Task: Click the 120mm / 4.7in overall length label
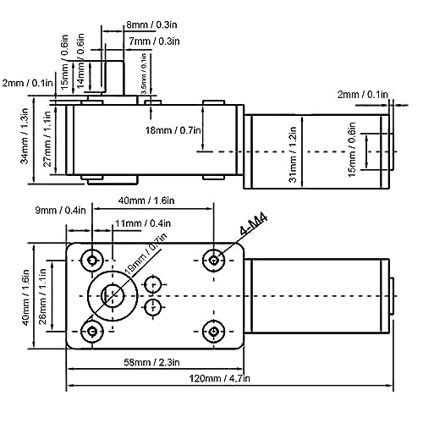pyautogui.click(x=219, y=378)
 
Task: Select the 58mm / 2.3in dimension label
pyautogui.click(x=151, y=362)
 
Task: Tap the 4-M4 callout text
pyautogui.click(x=253, y=225)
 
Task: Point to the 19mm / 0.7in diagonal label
pyautogui.click(x=146, y=254)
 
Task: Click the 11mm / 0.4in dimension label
pyautogui.click(x=143, y=223)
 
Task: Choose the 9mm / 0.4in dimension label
pyautogui.click(x=60, y=210)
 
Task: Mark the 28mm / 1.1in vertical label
pyautogui.click(x=42, y=296)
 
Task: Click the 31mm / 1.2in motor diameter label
pyautogui.click(x=293, y=155)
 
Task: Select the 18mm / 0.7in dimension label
pyautogui.click(x=173, y=130)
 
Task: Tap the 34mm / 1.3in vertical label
pyautogui.click(x=25, y=136)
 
